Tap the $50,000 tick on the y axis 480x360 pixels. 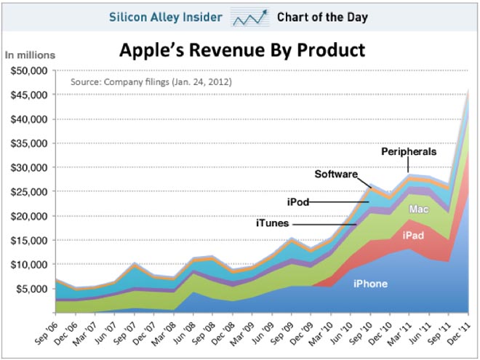pyautogui.click(x=27, y=71)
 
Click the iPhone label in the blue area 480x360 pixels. pyautogui.click(x=371, y=284)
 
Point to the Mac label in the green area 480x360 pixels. pyautogui.click(x=417, y=209)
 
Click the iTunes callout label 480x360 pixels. pyautogui.click(x=272, y=224)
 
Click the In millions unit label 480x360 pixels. pyautogui.click(x=30, y=55)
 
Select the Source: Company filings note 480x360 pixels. pyautogui.click(x=151, y=81)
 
